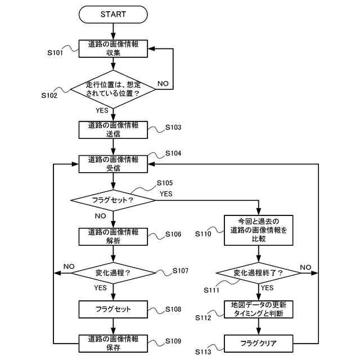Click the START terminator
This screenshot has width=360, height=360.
click(113, 13)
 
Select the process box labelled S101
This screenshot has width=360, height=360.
click(113, 48)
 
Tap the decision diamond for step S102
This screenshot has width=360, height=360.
click(113, 89)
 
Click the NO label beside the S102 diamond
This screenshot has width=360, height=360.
click(163, 83)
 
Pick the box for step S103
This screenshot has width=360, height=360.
click(113, 130)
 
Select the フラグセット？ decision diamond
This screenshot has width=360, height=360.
click(112, 200)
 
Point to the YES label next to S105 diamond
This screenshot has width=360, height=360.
click(166, 194)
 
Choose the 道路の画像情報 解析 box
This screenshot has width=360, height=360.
click(113, 236)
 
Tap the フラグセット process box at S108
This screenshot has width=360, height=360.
click(113, 309)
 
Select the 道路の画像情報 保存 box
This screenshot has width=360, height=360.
click(113, 343)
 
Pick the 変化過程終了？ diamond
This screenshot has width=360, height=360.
click(259, 273)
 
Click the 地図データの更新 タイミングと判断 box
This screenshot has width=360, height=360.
click(259, 309)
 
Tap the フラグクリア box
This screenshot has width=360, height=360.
click(259, 343)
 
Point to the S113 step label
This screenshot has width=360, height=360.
click(204, 352)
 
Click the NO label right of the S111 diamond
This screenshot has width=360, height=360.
click(305, 267)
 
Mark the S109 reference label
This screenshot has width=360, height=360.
click(173, 341)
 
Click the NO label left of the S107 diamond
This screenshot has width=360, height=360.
click(69, 266)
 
